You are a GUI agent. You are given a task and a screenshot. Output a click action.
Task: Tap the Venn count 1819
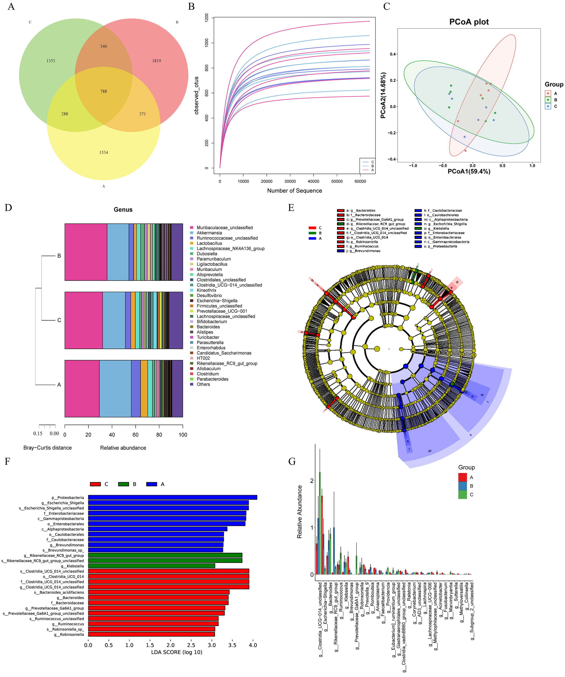157,61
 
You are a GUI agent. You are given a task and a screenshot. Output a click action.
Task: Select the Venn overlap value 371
142,114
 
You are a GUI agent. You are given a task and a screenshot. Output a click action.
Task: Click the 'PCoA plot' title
469,22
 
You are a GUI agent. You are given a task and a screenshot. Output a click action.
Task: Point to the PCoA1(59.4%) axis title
469,172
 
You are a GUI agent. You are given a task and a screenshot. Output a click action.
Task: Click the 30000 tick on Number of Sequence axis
290,181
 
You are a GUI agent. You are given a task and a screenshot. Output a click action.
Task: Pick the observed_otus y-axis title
197,96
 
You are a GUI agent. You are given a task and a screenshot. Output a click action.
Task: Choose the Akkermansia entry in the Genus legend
209,233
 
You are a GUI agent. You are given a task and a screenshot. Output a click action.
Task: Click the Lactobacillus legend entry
209,243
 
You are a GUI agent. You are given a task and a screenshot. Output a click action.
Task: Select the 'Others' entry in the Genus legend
203,384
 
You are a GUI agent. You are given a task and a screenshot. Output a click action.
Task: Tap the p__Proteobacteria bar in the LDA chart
172,497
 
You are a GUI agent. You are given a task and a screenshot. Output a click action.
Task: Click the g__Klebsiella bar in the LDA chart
151,566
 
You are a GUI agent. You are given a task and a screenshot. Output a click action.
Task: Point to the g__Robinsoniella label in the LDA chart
69,634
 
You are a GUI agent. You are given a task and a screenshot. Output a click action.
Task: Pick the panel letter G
292,462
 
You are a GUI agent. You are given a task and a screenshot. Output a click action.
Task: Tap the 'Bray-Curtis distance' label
47,448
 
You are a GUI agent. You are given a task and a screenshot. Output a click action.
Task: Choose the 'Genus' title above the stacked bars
123,210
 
